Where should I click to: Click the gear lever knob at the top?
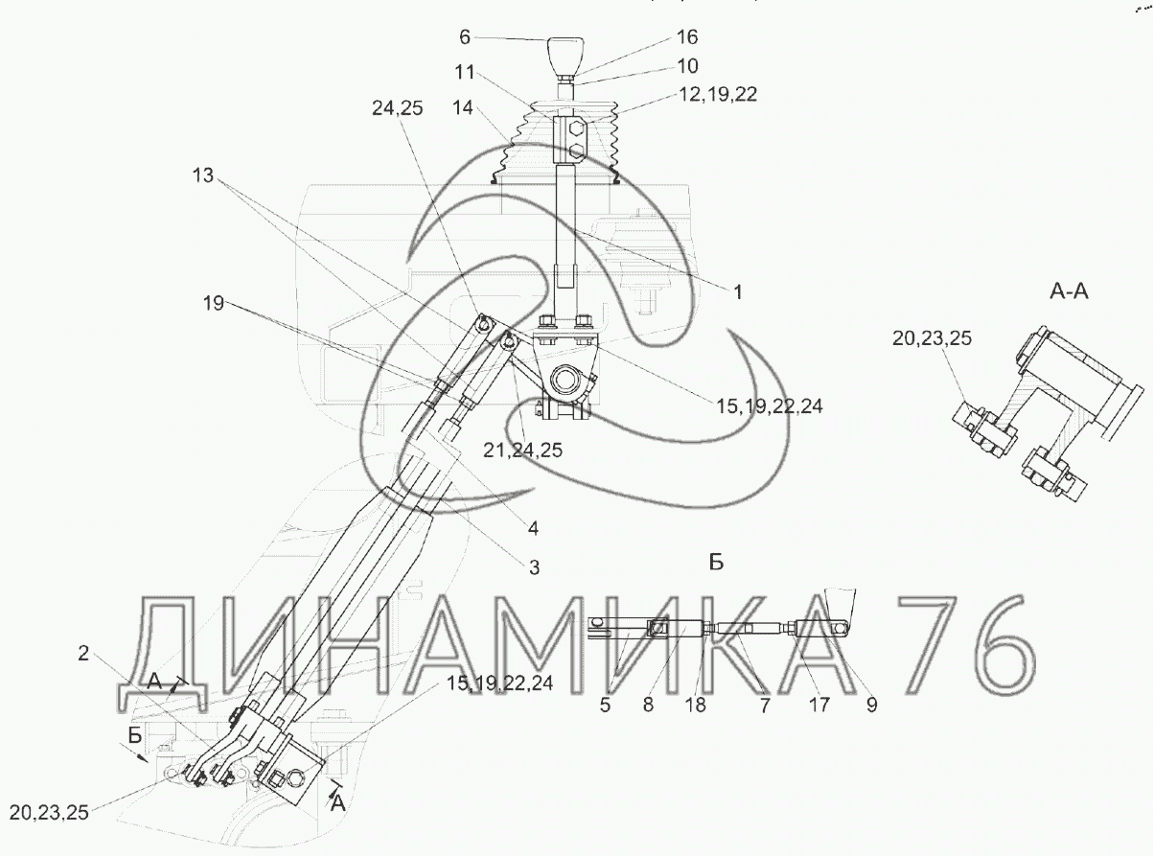click(565, 57)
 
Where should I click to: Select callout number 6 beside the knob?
click(465, 37)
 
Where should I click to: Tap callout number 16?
click(686, 37)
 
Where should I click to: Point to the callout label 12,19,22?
click(718, 94)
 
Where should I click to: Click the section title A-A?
click(1069, 291)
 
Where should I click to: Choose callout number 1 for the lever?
click(738, 292)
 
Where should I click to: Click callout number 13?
click(203, 175)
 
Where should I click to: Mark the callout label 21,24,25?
click(523, 450)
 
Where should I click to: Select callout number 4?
click(533, 528)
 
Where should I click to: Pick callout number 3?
click(535, 567)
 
